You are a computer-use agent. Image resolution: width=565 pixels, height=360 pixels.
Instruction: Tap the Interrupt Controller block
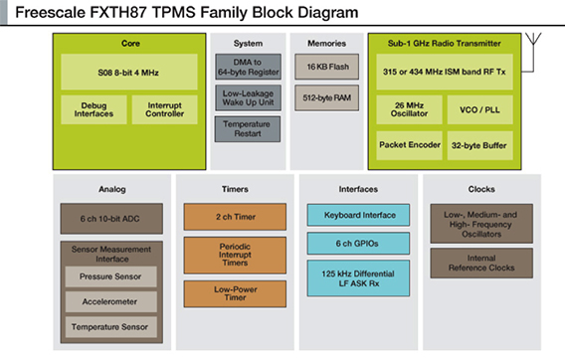coord(164,108)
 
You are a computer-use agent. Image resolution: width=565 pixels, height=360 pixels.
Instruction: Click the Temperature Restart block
coord(249,128)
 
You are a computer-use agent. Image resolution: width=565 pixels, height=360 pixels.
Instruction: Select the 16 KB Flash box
coord(327,68)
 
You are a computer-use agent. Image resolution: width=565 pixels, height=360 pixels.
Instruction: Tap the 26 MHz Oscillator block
coord(409,108)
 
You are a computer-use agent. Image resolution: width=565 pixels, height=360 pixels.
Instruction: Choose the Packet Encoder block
coord(409,145)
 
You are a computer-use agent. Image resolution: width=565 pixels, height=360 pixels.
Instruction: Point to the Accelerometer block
coord(109,300)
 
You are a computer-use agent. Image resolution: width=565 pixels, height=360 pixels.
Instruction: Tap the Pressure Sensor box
coord(109,274)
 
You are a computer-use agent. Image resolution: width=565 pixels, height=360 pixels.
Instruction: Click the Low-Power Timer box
coord(233,293)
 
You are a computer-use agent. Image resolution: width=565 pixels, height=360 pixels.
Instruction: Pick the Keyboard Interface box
coord(358,215)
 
